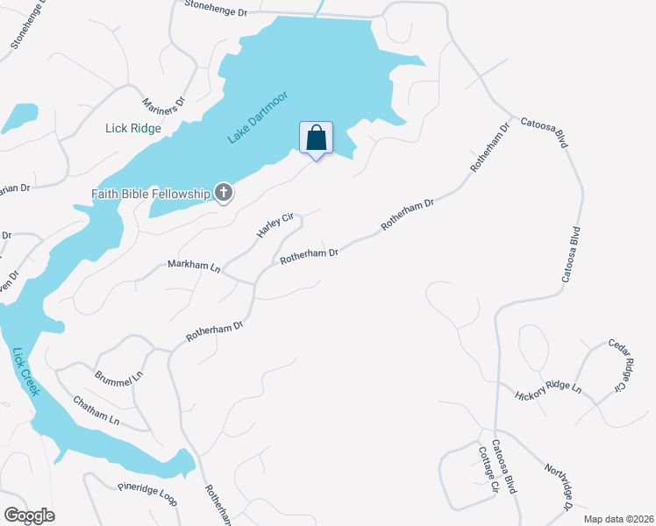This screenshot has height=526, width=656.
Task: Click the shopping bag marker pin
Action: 316,139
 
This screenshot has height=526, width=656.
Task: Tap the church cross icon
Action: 224,193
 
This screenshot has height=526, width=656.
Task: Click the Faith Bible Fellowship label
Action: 152,193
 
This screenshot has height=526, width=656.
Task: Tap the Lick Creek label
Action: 26,372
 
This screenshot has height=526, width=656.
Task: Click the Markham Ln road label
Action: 194,266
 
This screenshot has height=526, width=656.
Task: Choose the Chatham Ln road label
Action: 96,409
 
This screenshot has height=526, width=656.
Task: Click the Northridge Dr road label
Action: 558,487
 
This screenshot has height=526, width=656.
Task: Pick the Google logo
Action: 29,515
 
